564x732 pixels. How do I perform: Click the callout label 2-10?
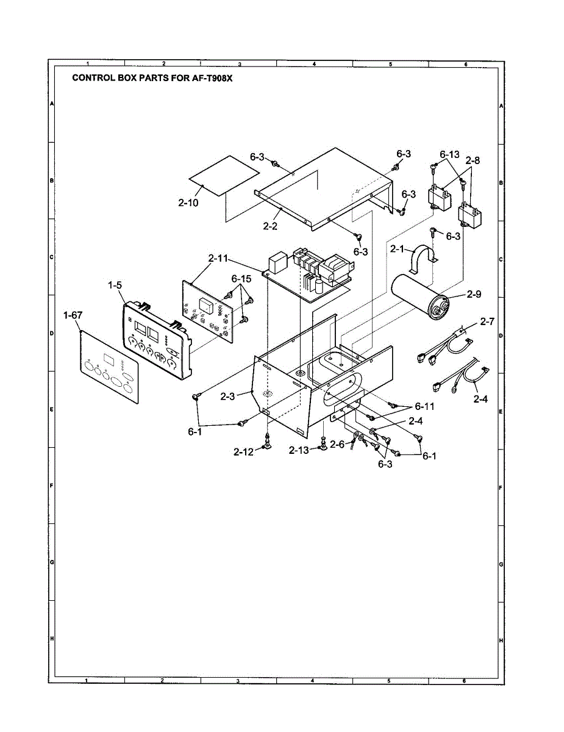188,203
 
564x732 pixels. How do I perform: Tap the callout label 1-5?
116,284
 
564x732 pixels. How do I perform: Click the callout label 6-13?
449,154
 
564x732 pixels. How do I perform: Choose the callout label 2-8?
473,160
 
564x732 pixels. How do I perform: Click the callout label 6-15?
241,278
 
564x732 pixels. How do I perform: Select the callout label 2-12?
243,451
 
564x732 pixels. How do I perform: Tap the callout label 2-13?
299,450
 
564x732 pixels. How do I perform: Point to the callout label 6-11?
425,406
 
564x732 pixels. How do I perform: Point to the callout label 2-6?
337,445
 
